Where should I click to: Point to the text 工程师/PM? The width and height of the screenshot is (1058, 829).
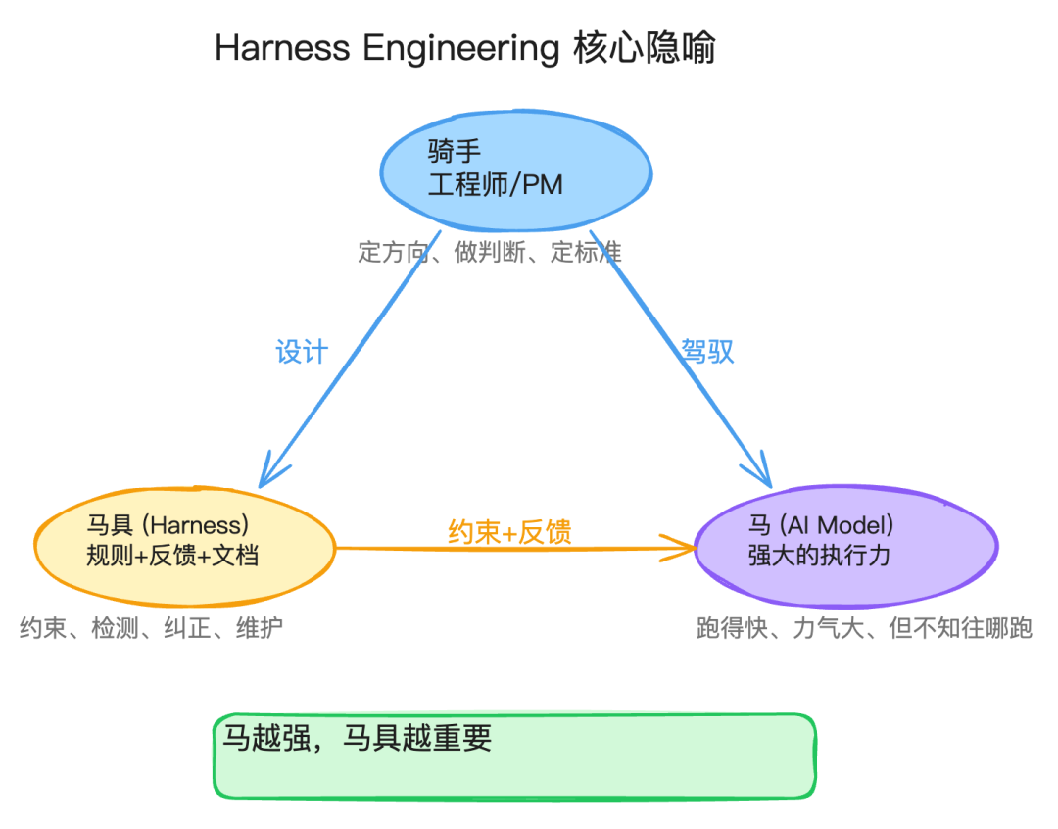(x=496, y=183)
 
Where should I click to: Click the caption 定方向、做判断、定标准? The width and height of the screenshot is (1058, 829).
(x=490, y=252)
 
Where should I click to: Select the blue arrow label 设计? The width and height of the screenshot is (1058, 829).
(x=301, y=352)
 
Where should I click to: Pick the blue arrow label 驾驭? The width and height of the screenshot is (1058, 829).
(x=707, y=352)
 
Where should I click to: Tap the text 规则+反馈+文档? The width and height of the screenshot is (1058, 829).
(x=172, y=556)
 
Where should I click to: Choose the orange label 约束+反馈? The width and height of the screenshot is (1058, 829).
(x=509, y=532)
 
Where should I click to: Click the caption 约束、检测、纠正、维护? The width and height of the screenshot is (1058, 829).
(x=152, y=628)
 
